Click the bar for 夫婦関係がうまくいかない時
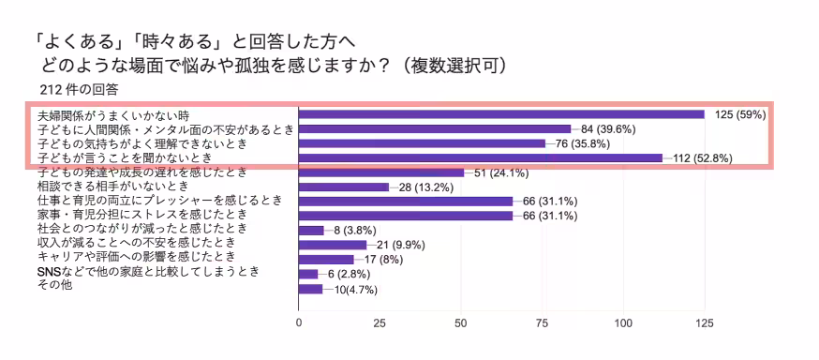click(501, 114)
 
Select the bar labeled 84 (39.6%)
click(434, 129)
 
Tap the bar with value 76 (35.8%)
click(422, 143)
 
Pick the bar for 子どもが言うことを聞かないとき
click(480, 158)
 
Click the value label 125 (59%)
click(740, 114)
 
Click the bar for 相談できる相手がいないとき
click(343, 187)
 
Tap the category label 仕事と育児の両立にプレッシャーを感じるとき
click(158, 201)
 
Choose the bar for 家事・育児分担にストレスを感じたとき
click(405, 216)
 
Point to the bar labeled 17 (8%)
click(325, 259)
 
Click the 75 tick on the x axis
click(541, 324)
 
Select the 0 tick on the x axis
click(299, 324)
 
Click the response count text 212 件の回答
click(79, 90)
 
